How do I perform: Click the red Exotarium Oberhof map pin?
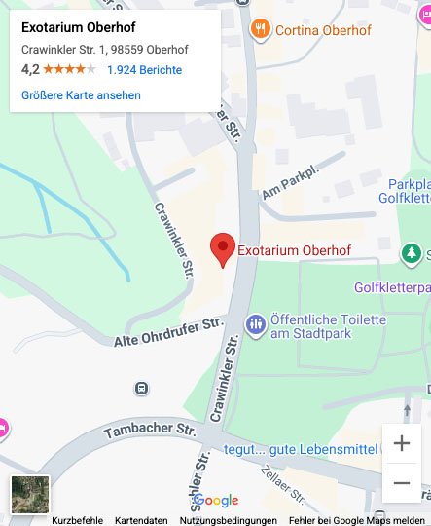pos(224,249)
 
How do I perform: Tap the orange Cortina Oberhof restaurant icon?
pos(260,29)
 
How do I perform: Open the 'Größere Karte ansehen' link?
pos(81,95)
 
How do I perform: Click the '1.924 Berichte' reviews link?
pos(144,70)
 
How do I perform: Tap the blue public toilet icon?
pos(256,323)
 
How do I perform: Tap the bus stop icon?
pos(142,389)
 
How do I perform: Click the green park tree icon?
pos(412,254)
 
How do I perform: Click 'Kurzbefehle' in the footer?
pos(77,520)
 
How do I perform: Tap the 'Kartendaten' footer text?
pos(141,520)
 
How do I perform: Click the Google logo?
pos(216,501)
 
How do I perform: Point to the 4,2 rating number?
pos(29,70)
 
